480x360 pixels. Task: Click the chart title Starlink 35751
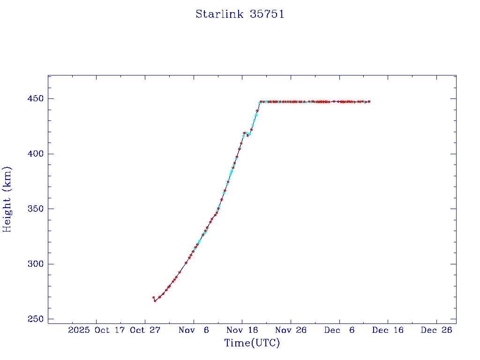click(240, 14)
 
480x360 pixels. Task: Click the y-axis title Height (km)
click(7, 199)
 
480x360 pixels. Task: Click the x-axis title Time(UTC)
click(252, 343)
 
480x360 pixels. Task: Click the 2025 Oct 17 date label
click(97, 330)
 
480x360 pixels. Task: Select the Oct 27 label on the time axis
click(145, 330)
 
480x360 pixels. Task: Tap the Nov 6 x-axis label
click(194, 330)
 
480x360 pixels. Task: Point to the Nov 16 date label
click(242, 330)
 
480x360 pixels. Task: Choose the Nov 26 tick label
click(291, 330)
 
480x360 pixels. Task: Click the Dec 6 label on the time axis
click(339, 330)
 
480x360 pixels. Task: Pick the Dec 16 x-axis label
click(388, 330)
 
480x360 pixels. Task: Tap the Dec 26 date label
click(436, 330)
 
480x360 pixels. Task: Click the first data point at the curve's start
click(153, 298)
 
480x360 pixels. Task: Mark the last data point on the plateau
click(369, 102)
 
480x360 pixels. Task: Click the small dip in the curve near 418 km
click(248, 135)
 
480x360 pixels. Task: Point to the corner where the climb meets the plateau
click(261, 102)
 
